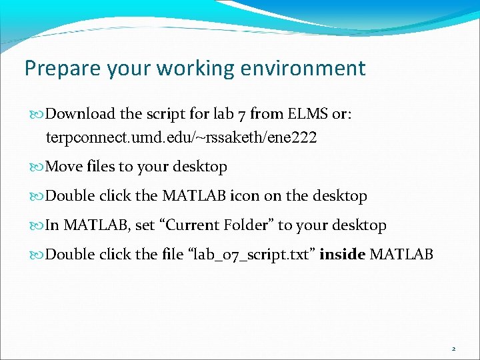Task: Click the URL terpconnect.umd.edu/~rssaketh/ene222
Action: tap(181, 138)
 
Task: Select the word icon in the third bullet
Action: tap(245, 196)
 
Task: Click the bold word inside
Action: tap(342, 254)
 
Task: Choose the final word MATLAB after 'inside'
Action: tap(401, 254)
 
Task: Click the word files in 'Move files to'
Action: tap(99, 167)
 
